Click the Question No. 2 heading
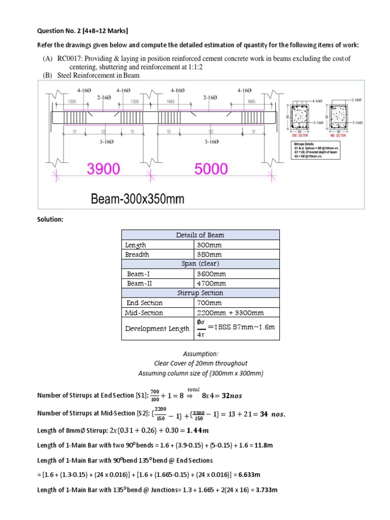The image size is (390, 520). (x=62, y=31)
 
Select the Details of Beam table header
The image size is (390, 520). (x=200, y=235)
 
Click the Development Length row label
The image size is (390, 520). (x=157, y=329)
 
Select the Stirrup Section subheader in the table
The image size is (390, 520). (x=200, y=293)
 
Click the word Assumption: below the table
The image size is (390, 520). (x=201, y=353)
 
